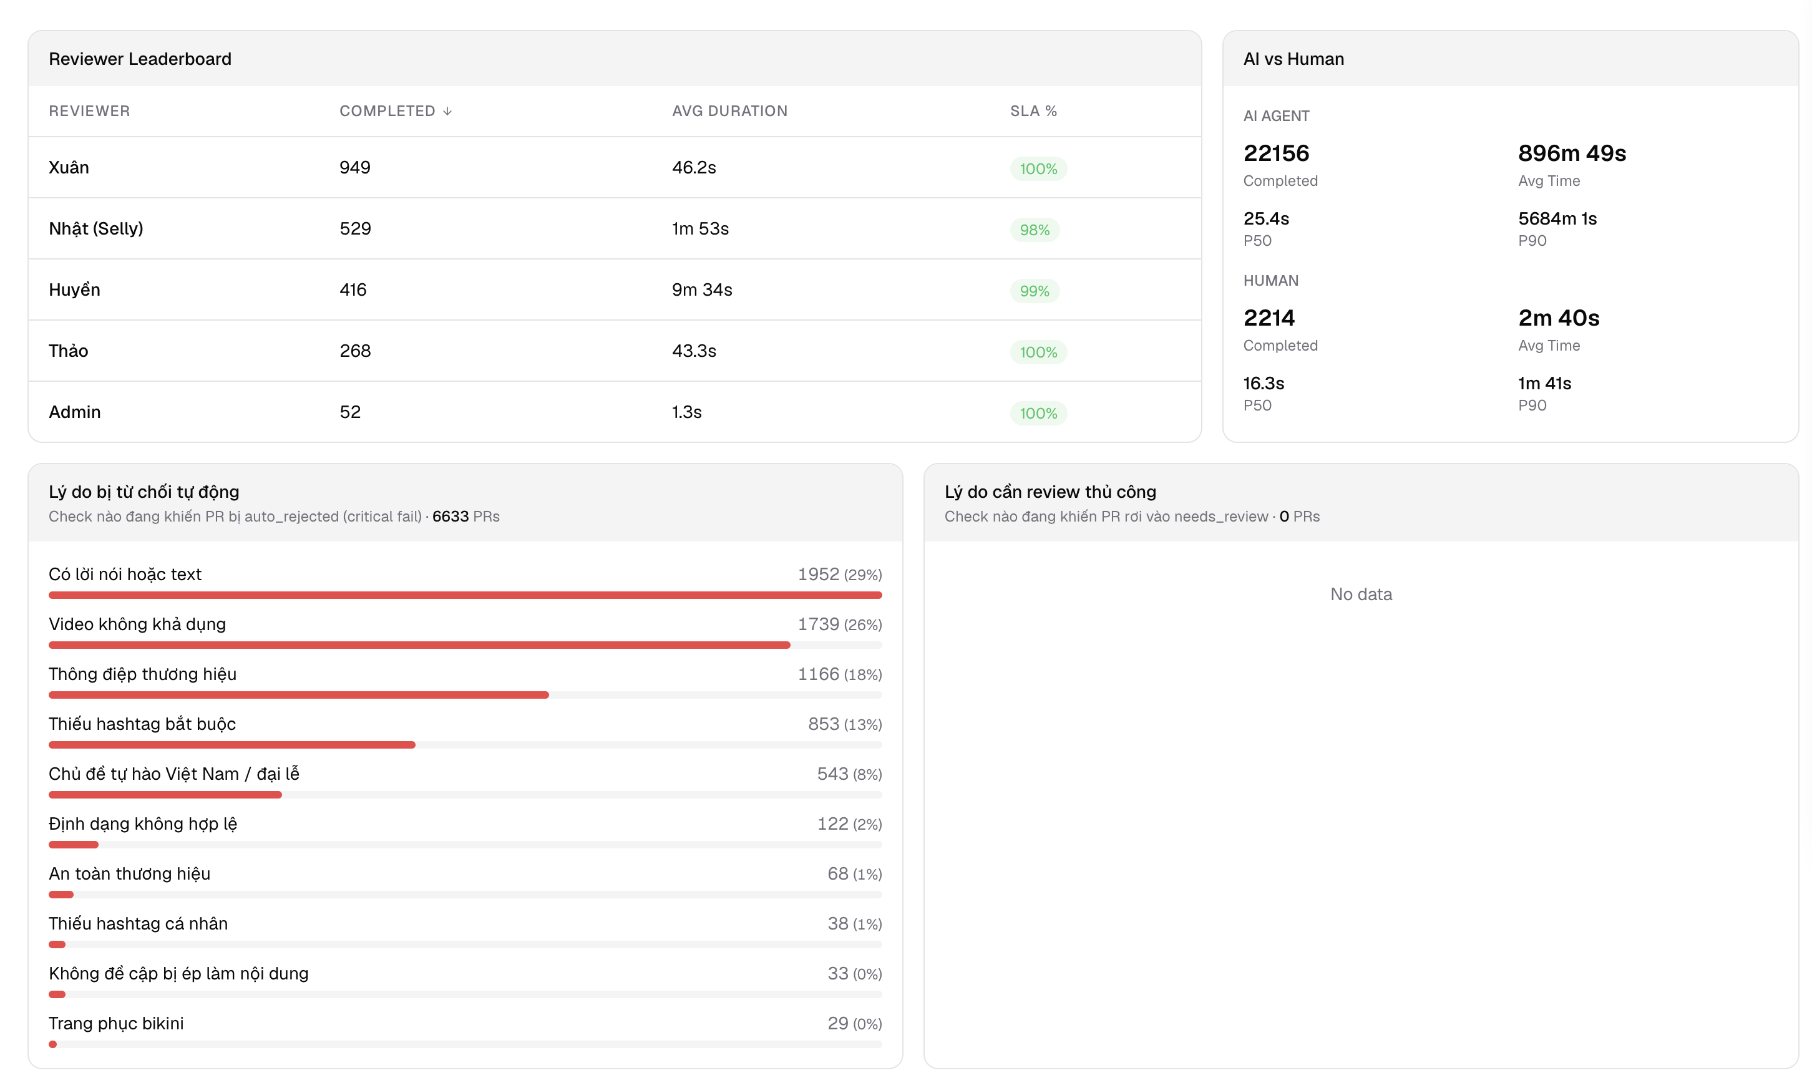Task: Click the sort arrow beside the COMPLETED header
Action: [x=447, y=111]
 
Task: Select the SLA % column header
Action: [x=1033, y=111]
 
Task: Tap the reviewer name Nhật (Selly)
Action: [x=96, y=228]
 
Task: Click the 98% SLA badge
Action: [x=1035, y=230]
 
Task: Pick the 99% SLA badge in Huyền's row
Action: [x=1035, y=291]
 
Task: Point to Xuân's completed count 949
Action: [x=355, y=167]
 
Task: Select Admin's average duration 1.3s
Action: [x=686, y=412]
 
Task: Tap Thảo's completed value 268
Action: [x=355, y=351]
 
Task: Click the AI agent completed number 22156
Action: [x=1276, y=153]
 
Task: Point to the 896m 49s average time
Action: [x=1572, y=153]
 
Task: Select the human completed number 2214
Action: [x=1269, y=318]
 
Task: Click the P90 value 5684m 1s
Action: [x=1557, y=218]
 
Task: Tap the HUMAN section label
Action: [x=1271, y=280]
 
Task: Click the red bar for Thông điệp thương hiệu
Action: [x=299, y=695]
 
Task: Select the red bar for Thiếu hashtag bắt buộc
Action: [x=231, y=745]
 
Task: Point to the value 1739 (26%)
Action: [x=840, y=624]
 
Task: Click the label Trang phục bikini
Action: [x=116, y=1023]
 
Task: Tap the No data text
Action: [x=1361, y=594]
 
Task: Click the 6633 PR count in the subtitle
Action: [x=451, y=517]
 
